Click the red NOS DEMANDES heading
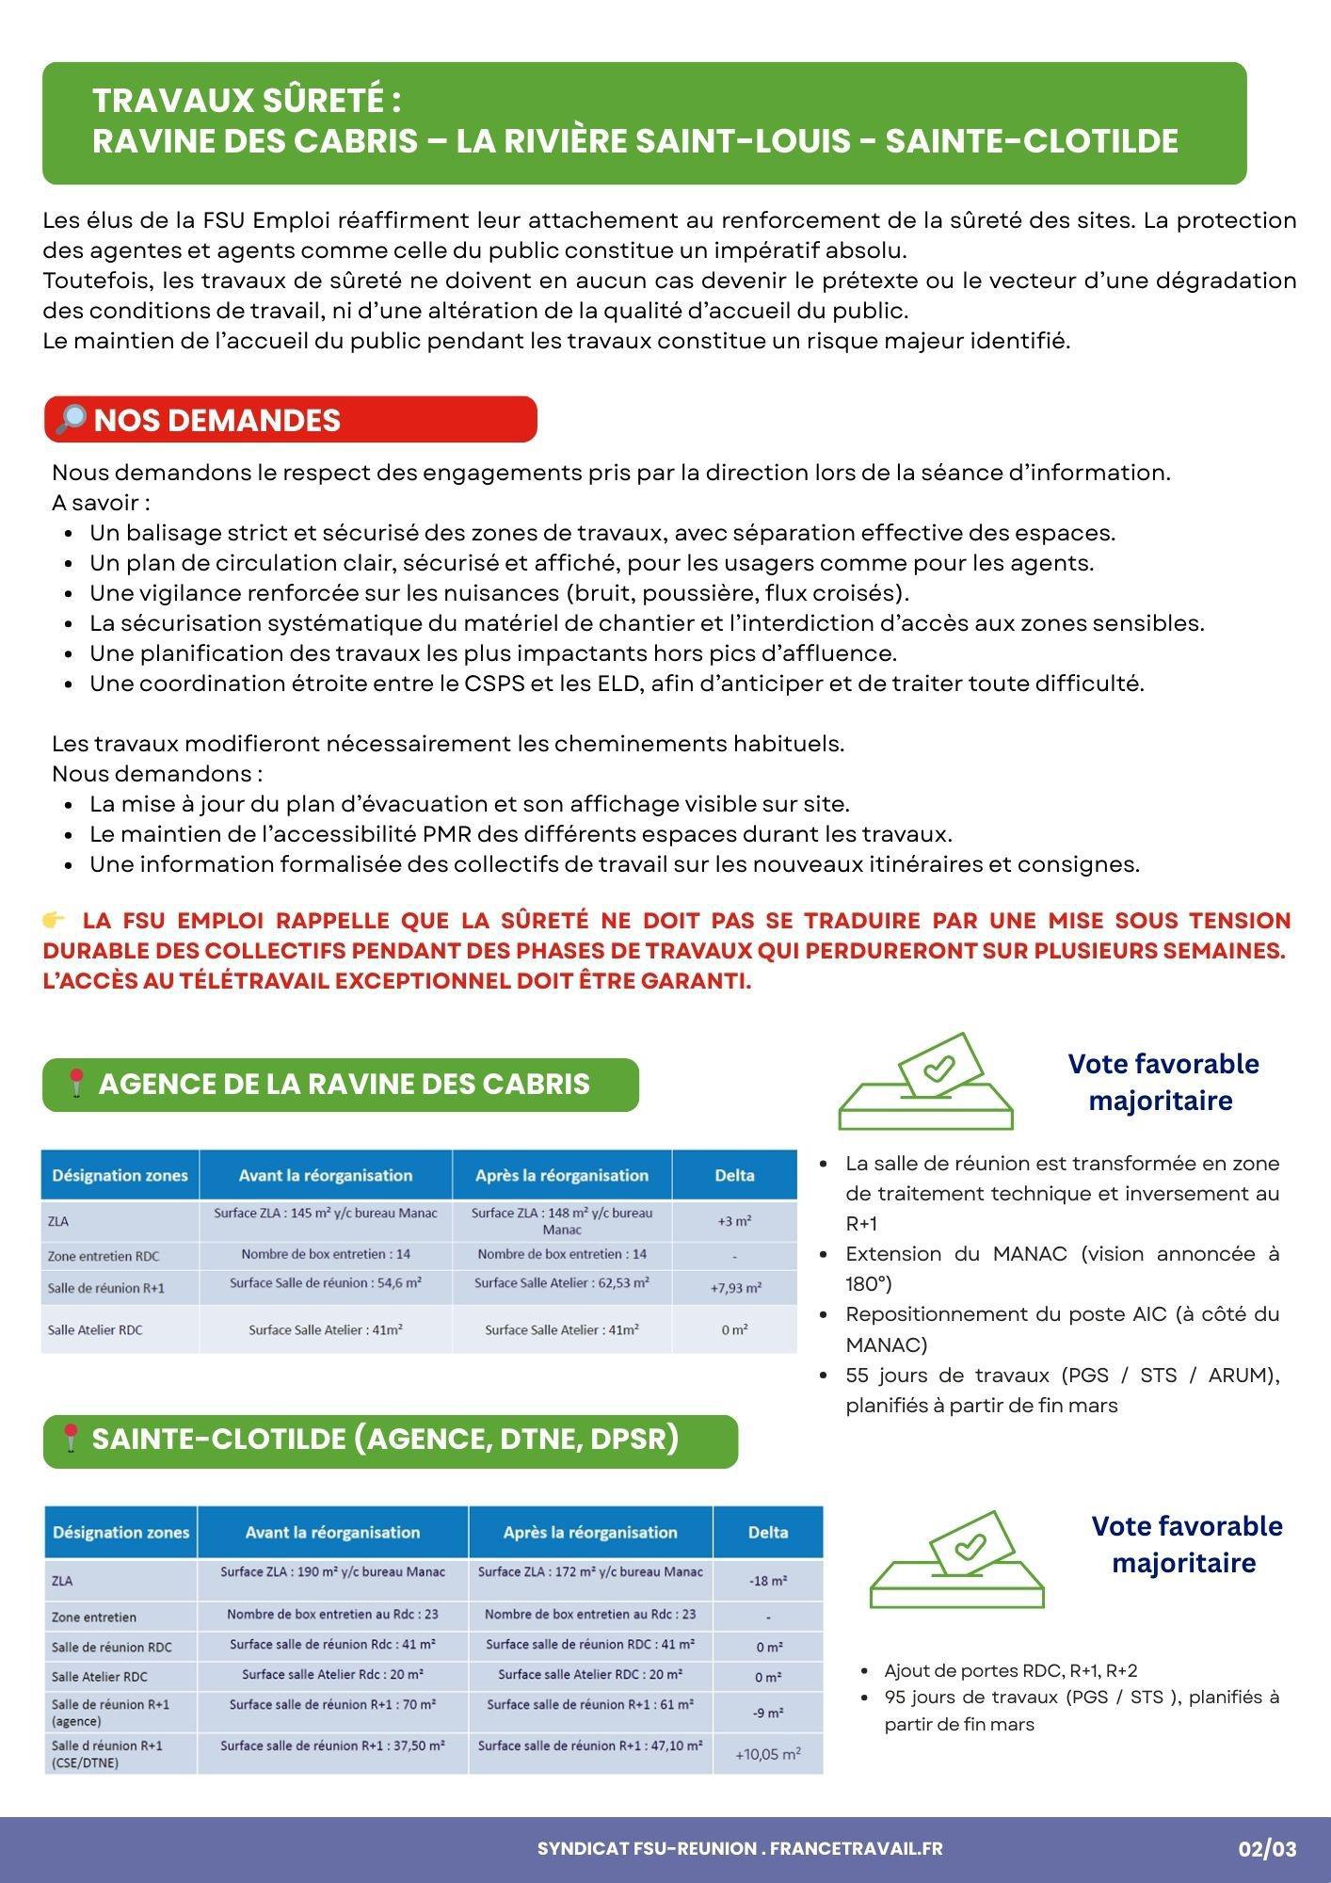click(216, 420)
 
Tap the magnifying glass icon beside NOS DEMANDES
click(71, 419)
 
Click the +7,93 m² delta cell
click(734, 1288)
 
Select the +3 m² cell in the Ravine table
click(734, 1221)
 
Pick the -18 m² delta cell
click(768, 1581)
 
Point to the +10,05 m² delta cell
click(768, 1754)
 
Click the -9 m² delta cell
click(768, 1713)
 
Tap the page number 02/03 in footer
click(1267, 1849)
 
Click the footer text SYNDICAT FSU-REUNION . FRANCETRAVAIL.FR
click(740, 1848)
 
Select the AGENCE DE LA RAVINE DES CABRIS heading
click(344, 1084)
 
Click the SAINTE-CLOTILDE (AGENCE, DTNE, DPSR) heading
click(385, 1439)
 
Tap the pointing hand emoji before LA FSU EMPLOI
click(55, 920)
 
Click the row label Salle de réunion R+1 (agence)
click(111, 1713)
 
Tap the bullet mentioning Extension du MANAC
click(1062, 1268)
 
